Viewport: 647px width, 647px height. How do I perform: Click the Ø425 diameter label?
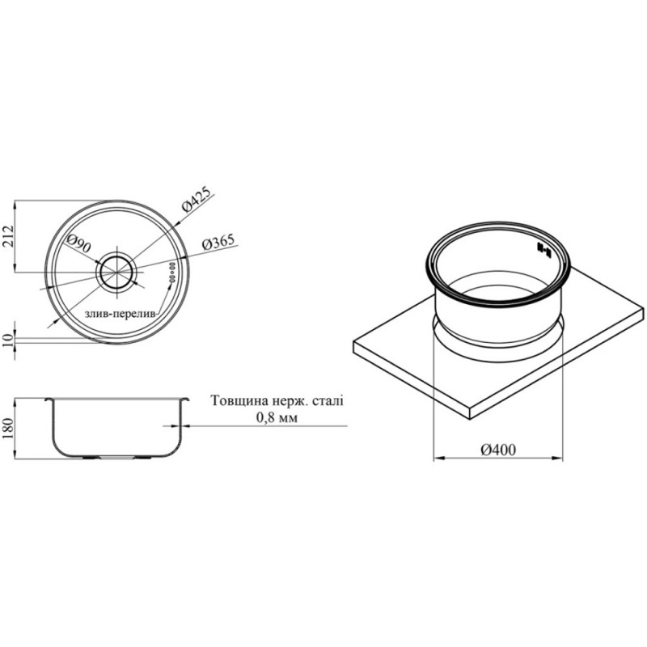(x=197, y=200)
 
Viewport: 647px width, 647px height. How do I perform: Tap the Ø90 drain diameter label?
(x=78, y=243)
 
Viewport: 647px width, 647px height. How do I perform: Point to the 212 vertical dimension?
(x=9, y=236)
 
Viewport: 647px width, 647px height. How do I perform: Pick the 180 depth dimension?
(x=9, y=429)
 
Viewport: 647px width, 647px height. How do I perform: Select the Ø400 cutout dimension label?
(x=498, y=450)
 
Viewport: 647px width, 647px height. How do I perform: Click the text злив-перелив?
(x=121, y=314)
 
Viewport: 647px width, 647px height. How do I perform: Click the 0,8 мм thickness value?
(x=277, y=418)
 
